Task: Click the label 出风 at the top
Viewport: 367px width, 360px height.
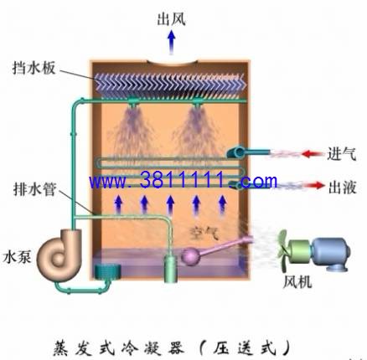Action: point(171,19)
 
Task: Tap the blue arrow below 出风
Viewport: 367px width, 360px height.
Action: point(171,43)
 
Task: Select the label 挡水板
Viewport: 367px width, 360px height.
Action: point(34,68)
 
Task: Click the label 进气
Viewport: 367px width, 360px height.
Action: point(342,154)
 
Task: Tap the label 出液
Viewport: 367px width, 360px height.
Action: point(342,188)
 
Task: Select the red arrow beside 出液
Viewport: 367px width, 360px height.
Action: point(315,185)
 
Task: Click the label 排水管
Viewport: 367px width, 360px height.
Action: point(34,189)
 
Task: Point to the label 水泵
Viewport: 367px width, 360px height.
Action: point(17,257)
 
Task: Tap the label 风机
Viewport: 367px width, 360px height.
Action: point(297,282)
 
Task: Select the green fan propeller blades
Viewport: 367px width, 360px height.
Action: point(282,250)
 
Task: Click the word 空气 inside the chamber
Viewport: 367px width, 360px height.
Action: point(204,234)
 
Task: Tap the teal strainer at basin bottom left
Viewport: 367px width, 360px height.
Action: point(107,271)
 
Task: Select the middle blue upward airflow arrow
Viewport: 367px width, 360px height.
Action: point(170,205)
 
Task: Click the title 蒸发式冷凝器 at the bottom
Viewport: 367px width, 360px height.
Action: point(119,347)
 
